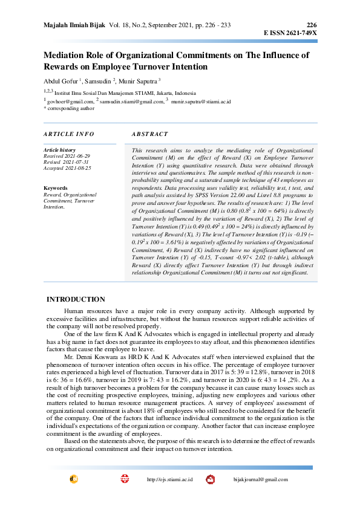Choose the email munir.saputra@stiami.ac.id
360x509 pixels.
[201, 102]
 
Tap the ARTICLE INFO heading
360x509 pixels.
[69, 134]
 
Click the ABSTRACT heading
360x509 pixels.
[149, 134]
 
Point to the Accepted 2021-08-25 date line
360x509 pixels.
[67, 167]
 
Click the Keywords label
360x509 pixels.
[56, 189]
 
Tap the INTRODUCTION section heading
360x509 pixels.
[76, 299]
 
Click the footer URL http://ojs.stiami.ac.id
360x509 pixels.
[170, 479]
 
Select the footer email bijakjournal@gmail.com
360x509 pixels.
[261, 479]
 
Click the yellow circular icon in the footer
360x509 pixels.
[74, 479]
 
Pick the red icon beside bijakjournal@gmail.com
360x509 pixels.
[211, 479]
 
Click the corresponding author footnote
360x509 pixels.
[69, 109]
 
